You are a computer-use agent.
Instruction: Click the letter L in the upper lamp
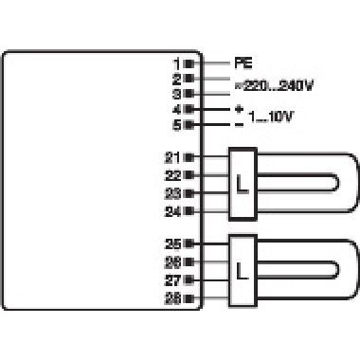click(243, 182)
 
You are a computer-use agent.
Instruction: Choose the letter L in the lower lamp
click(243, 271)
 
